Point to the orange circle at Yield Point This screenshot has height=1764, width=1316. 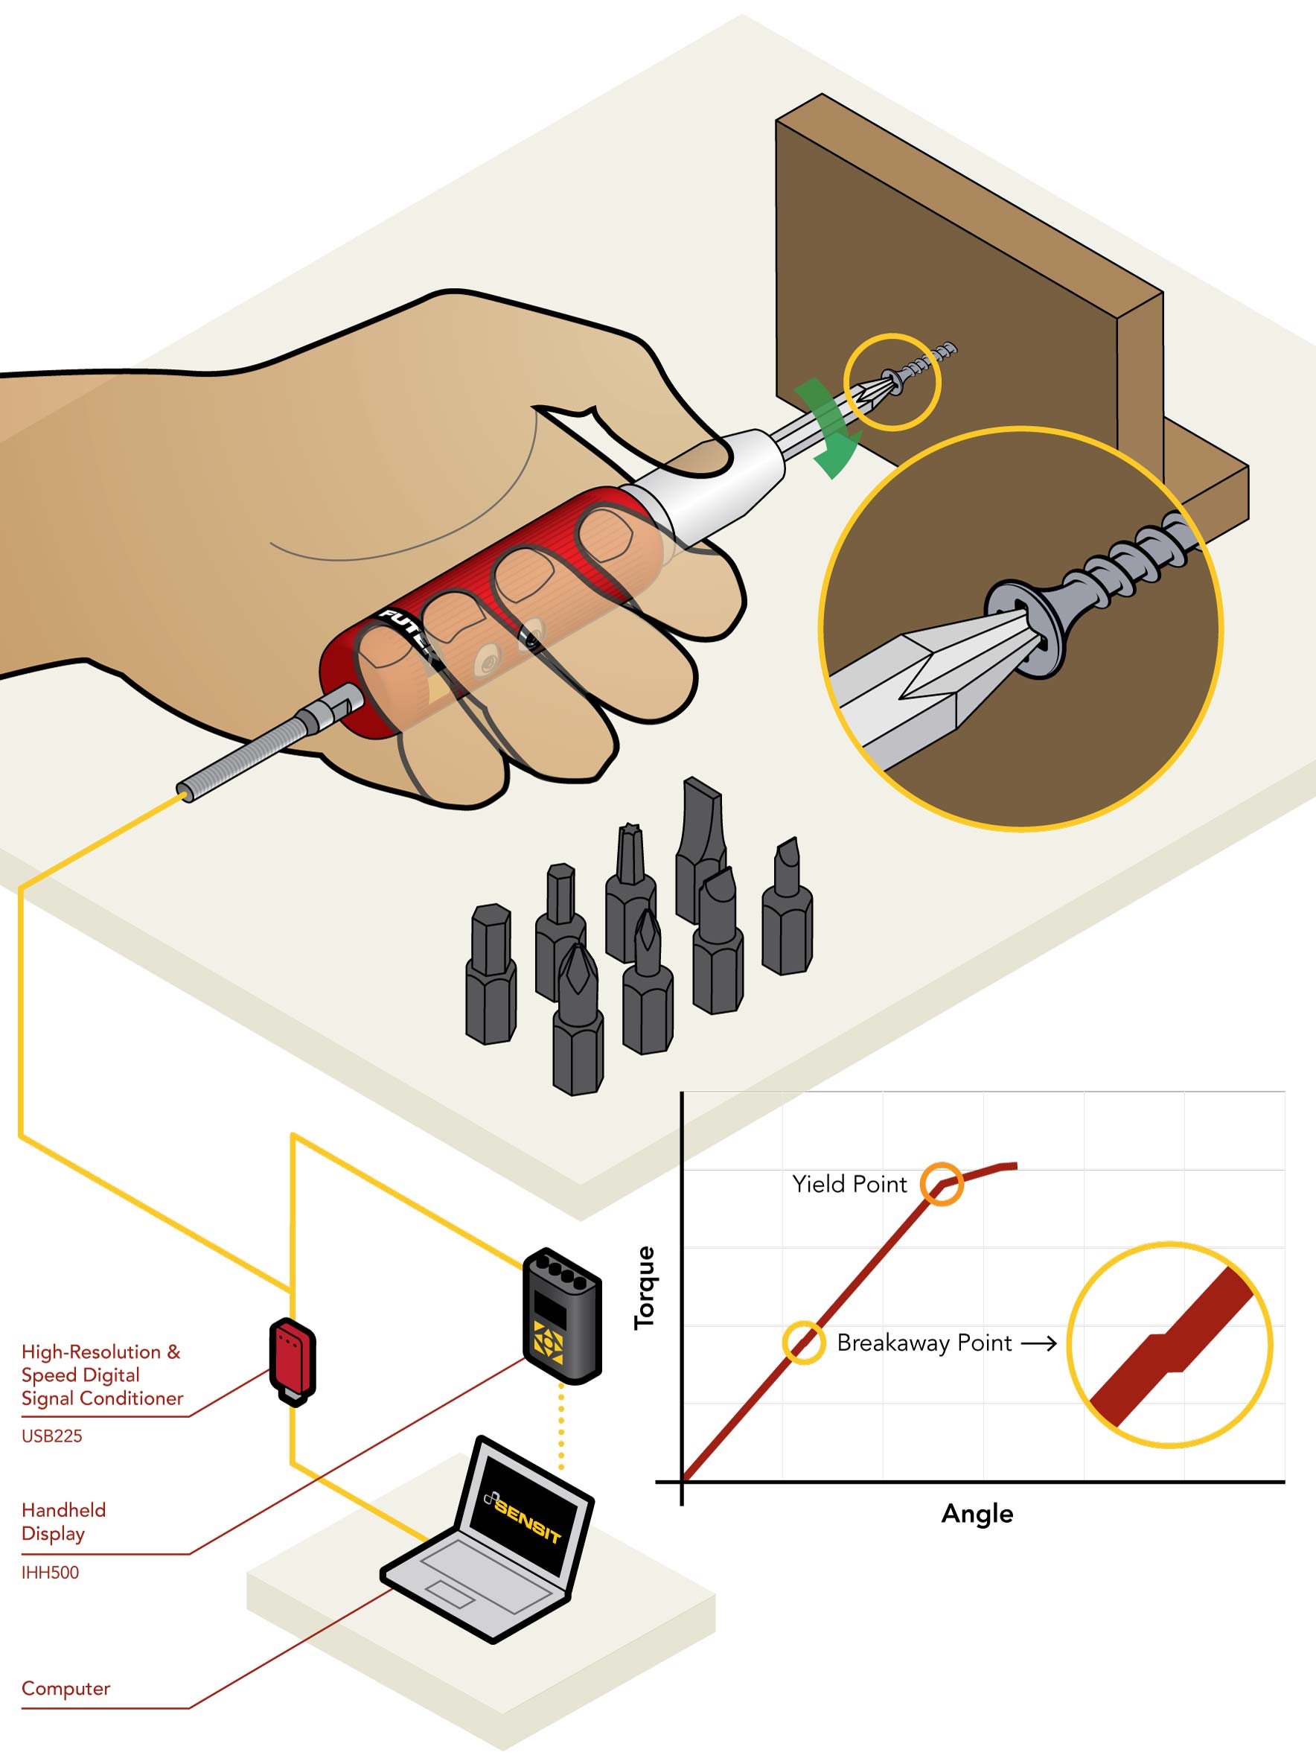(942, 1184)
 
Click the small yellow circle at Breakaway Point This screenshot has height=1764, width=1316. (803, 1343)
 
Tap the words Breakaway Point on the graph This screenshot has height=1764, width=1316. (924, 1343)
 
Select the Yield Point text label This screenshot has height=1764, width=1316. (849, 1185)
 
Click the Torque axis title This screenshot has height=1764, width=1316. (644, 1287)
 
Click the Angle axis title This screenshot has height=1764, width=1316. (977, 1514)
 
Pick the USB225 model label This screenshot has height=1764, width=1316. (52, 1436)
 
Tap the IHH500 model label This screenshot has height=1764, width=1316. (50, 1572)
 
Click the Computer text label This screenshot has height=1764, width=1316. (66, 1688)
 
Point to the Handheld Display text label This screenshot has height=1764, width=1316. (64, 1521)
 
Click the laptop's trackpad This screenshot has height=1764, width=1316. (451, 1594)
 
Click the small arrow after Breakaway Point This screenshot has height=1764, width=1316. (1039, 1344)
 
